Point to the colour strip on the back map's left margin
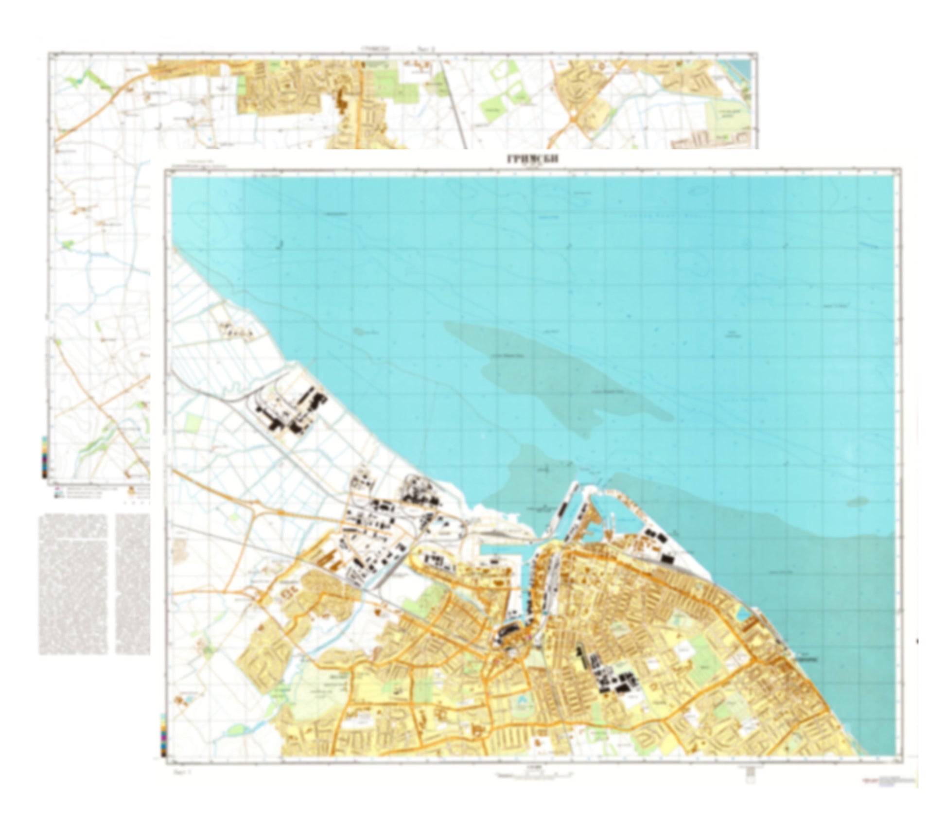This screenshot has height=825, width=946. (x=45, y=456)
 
